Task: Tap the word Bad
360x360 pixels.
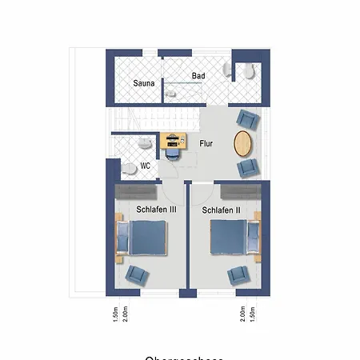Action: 198,76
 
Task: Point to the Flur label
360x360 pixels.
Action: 206,144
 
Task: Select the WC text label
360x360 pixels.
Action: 146,166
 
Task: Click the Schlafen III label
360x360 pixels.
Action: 144,210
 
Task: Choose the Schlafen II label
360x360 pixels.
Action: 222,210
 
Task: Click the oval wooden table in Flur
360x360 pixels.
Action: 243,144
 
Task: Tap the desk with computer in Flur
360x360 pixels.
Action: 173,141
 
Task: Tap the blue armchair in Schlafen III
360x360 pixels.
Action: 137,275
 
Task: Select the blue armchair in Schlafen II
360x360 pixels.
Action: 238,275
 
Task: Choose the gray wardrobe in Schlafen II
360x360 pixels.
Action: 240,192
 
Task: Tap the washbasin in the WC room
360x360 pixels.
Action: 143,143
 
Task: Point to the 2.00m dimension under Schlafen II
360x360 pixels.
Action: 242,311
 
